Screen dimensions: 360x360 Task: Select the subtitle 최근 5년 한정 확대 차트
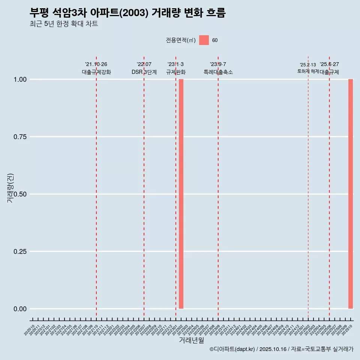pyautogui.click(x=64, y=24)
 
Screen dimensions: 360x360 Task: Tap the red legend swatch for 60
pyautogui.click(x=204, y=40)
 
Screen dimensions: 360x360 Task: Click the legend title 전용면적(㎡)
pyautogui.click(x=181, y=40)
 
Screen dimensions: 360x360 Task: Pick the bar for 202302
pyautogui.click(x=181, y=194)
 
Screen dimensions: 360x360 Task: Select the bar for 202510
pyautogui.click(x=351, y=194)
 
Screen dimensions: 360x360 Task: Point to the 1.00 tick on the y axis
pyautogui.click(x=20, y=79)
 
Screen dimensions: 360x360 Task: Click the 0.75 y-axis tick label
pyautogui.click(x=20, y=137)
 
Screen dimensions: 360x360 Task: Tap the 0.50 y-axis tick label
pyautogui.click(x=20, y=194)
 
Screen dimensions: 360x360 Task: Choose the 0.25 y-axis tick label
pyautogui.click(x=20, y=252)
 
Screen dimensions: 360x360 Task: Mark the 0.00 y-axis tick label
pyautogui.click(x=20, y=309)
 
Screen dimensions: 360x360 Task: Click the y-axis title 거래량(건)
pyautogui.click(x=10, y=188)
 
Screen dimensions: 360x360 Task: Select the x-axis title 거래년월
pyautogui.click(x=192, y=340)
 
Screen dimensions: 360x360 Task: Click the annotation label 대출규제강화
pyautogui.click(x=96, y=72)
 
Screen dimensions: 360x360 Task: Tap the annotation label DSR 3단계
pyautogui.click(x=144, y=72)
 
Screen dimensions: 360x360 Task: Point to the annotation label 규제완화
pyautogui.click(x=176, y=72)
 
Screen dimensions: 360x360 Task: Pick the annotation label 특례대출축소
pyautogui.click(x=218, y=72)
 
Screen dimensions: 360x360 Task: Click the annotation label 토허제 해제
pyautogui.click(x=308, y=71)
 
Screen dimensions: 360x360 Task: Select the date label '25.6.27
pyautogui.click(x=329, y=64)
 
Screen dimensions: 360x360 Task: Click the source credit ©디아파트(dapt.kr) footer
pyautogui.click(x=281, y=349)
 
